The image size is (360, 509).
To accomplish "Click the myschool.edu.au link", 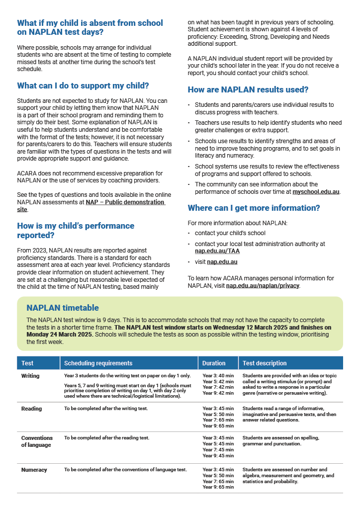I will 316,191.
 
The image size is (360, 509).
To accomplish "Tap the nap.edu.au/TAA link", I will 210,251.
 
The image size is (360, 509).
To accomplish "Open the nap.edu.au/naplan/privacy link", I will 263,286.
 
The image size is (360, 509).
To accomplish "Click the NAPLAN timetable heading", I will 63,308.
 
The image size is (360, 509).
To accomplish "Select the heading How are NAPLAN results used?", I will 248,90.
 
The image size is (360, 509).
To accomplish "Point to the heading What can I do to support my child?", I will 83,85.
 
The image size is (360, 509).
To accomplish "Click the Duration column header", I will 214,363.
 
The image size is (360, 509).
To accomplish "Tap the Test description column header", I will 265,363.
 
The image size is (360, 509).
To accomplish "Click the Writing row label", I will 30,376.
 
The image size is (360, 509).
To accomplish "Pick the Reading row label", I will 31,409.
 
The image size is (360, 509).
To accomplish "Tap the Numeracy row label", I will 34,470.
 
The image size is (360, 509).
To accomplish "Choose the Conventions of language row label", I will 37,441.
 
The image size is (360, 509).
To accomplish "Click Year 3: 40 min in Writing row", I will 218,376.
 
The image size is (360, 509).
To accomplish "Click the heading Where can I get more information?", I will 254,208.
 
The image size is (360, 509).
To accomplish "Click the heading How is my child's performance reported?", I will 76,230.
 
